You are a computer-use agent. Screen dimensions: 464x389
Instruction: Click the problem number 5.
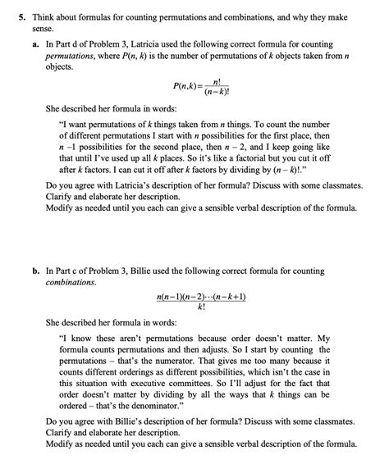pyautogui.click(x=10, y=11)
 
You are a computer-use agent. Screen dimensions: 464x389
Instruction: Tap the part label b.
pyautogui.click(x=38, y=270)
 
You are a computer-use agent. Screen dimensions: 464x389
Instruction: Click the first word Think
pyautogui.click(x=35, y=11)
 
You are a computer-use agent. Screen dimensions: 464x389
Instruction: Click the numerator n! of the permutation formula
pyautogui.click(x=217, y=81)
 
